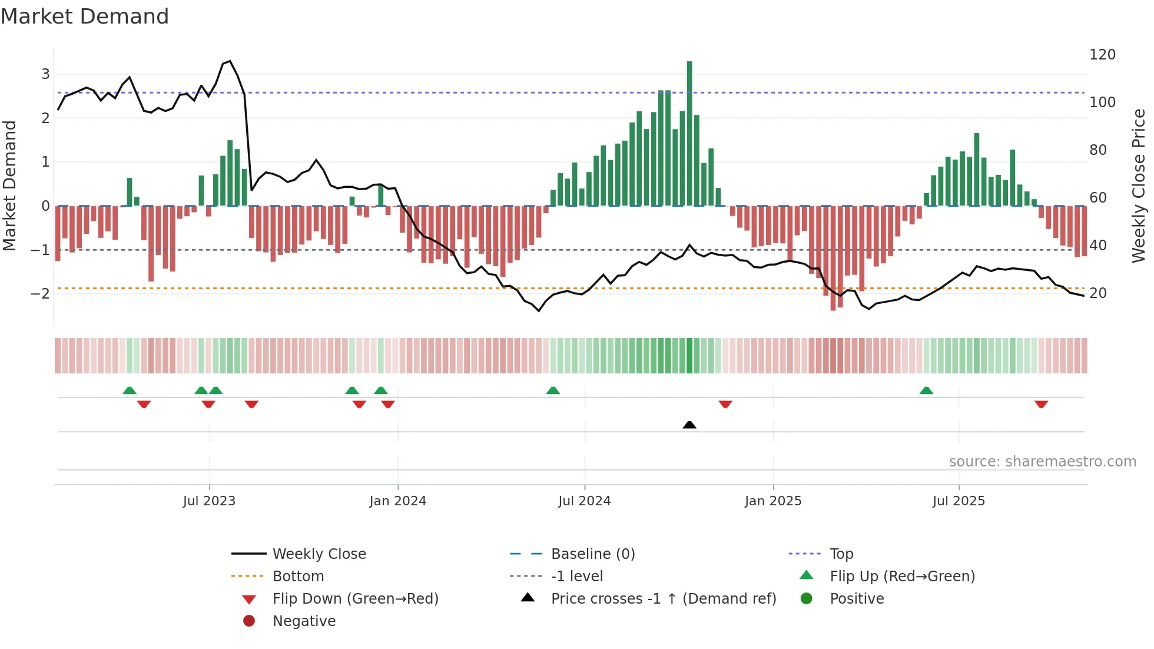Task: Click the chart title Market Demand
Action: [85, 16]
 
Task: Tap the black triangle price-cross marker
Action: [689, 425]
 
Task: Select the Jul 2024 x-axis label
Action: [584, 501]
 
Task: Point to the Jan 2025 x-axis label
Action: [772, 501]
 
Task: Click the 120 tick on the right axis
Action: [1102, 55]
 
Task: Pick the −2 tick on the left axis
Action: [40, 293]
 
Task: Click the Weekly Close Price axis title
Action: [1139, 186]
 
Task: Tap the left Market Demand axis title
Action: [9, 186]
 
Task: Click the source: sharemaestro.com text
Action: [1042, 462]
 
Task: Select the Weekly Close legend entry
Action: [319, 554]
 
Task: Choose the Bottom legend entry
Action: [298, 577]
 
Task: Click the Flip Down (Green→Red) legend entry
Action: [355, 599]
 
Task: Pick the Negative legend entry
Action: [304, 621]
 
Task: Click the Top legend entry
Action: [841, 554]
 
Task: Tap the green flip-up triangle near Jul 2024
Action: [553, 390]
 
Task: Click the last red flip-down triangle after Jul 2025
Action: [1041, 404]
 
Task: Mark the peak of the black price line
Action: [230, 61]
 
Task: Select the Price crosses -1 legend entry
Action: [663, 599]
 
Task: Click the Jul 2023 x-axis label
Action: [209, 501]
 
